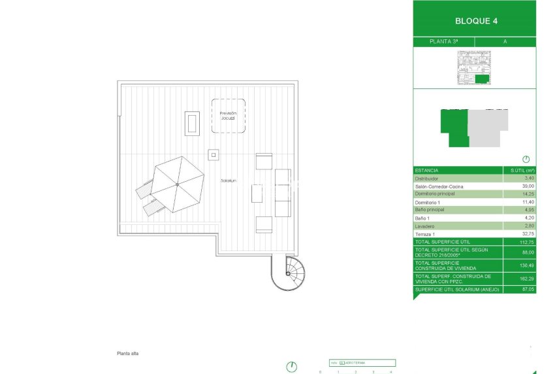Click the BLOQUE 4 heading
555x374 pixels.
(x=476, y=21)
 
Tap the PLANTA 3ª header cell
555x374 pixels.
(x=443, y=41)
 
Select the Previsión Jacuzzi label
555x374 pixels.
(x=228, y=116)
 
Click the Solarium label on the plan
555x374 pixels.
(x=229, y=180)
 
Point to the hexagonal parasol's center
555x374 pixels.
(x=177, y=184)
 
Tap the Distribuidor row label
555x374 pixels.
(x=427, y=178)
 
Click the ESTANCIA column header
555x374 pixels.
(x=427, y=170)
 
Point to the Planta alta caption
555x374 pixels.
(x=127, y=354)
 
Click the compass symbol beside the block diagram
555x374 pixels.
(x=526, y=159)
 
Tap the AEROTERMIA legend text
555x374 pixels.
(x=356, y=362)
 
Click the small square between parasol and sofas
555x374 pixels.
(x=214, y=155)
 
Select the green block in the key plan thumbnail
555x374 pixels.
(x=482, y=79)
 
